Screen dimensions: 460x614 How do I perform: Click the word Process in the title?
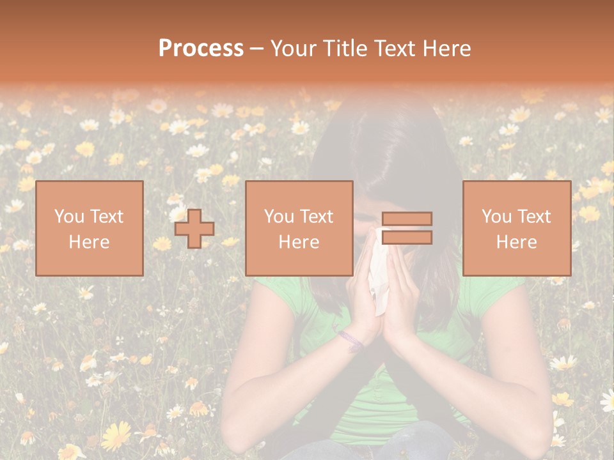point(201,49)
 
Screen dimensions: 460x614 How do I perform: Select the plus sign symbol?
point(194,229)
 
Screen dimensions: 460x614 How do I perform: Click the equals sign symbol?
point(407,228)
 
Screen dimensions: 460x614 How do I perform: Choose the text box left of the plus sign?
point(90,228)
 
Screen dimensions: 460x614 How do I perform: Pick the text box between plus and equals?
point(299,228)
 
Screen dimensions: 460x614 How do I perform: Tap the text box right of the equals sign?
point(517,228)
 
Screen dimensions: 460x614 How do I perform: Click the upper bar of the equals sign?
point(407,219)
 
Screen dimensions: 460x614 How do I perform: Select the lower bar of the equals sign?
point(407,238)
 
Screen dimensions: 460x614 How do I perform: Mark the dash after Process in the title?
point(257,49)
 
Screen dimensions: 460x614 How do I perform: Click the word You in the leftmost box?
point(69,217)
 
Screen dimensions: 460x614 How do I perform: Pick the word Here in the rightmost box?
point(517,242)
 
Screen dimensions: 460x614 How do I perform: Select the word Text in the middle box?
point(317,217)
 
